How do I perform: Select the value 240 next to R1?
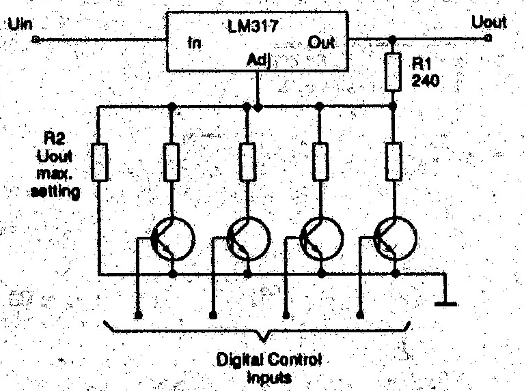[x=426, y=81]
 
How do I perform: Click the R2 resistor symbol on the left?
[x=100, y=162]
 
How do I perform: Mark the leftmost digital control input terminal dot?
[x=138, y=316]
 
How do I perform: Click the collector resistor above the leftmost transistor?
[x=171, y=162]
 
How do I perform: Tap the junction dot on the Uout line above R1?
[x=393, y=40]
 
